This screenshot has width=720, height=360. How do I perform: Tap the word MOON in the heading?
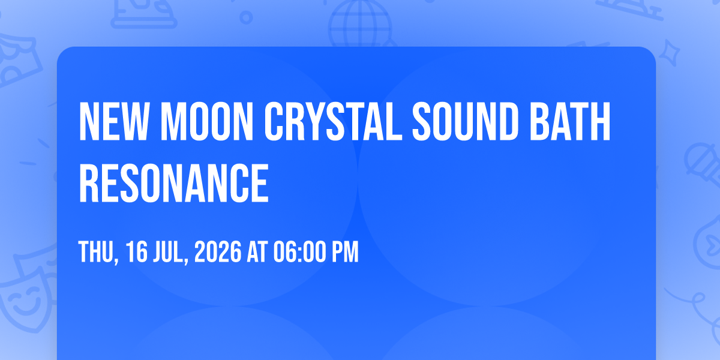(x=206, y=121)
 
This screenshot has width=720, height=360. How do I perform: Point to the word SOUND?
(x=465, y=121)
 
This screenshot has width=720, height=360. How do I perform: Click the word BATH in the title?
(x=570, y=121)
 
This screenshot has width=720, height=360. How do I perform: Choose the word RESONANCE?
(x=173, y=183)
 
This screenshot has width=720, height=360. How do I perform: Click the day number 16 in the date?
(x=137, y=251)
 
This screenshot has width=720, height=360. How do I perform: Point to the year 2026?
(x=218, y=251)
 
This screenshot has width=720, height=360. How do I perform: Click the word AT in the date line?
(x=257, y=251)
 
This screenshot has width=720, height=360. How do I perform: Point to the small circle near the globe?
(x=246, y=17)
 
